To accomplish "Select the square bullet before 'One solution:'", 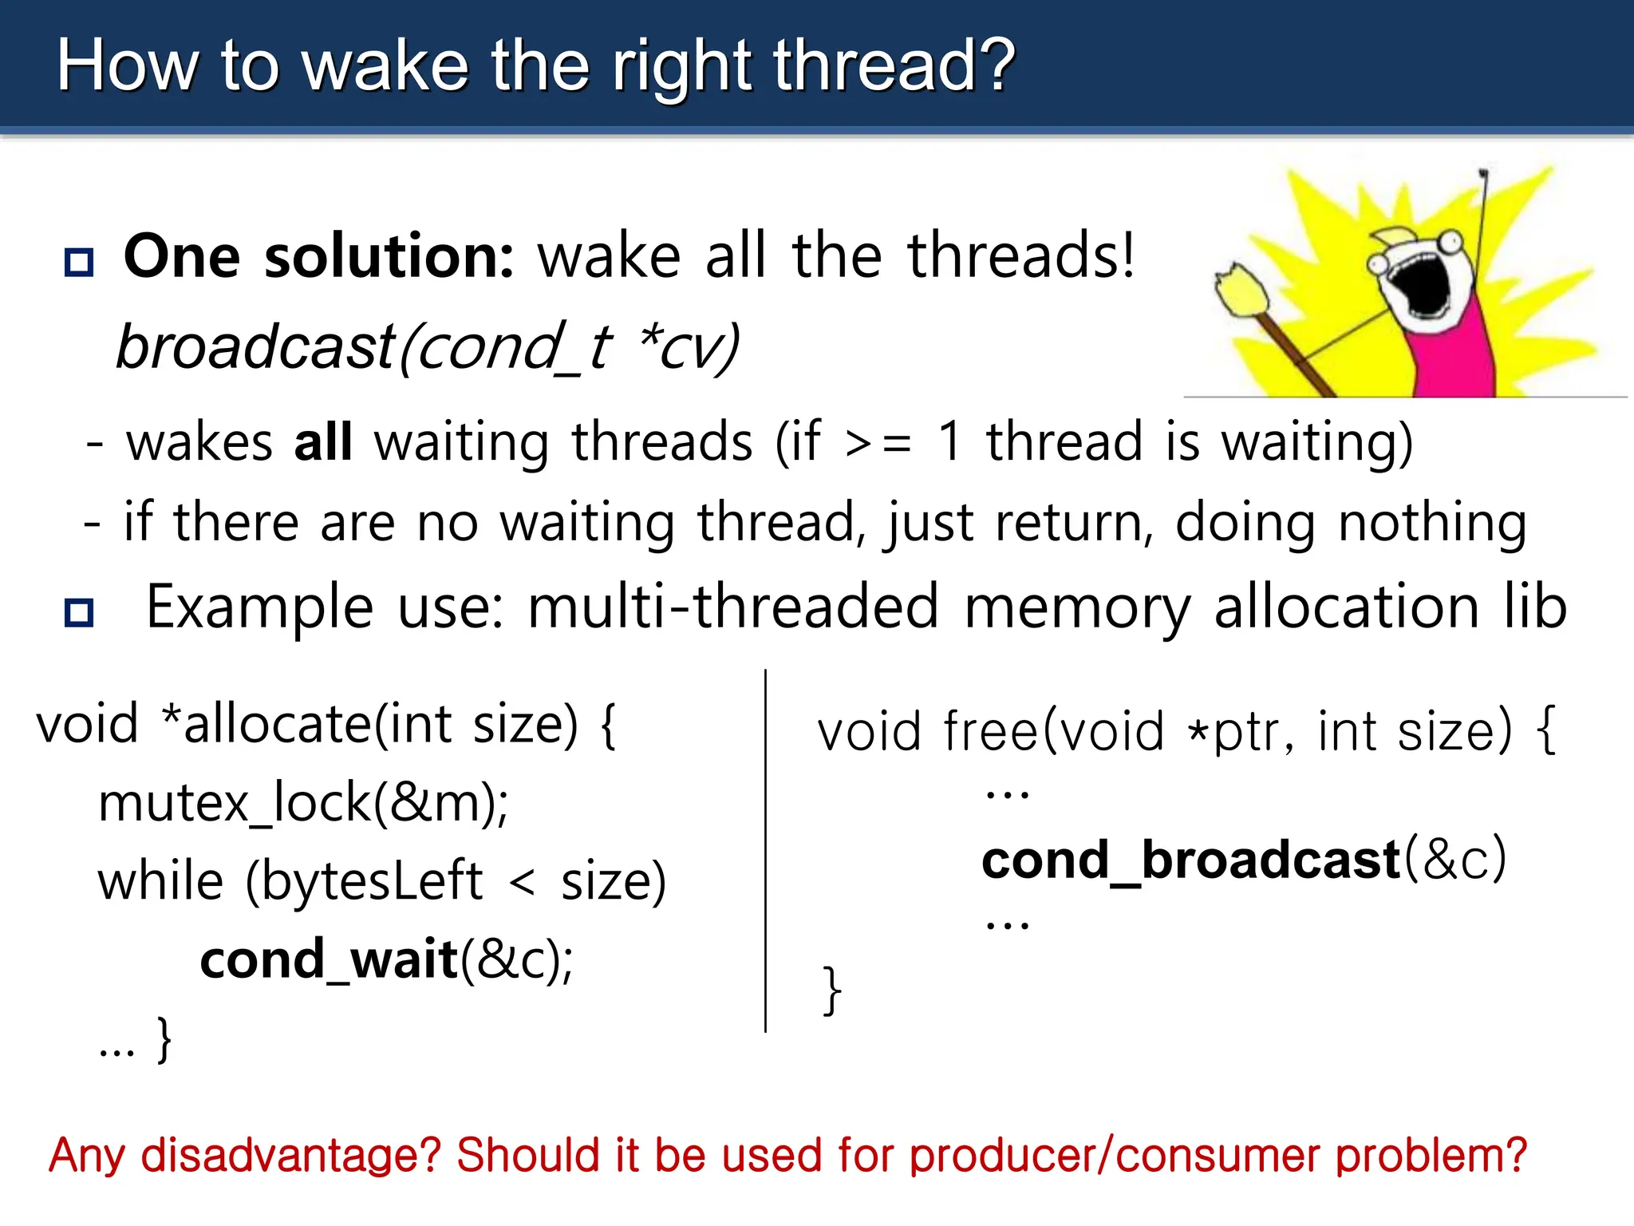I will point(79,262).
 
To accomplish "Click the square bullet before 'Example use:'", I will point(79,612).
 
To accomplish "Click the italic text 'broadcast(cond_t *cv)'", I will point(428,346).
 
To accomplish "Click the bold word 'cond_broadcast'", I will point(1190,860).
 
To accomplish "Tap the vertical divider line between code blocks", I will point(765,850).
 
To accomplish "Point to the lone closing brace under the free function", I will point(831,991).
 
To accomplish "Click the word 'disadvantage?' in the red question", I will point(290,1155).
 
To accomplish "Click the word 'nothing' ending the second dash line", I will point(1432,523).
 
